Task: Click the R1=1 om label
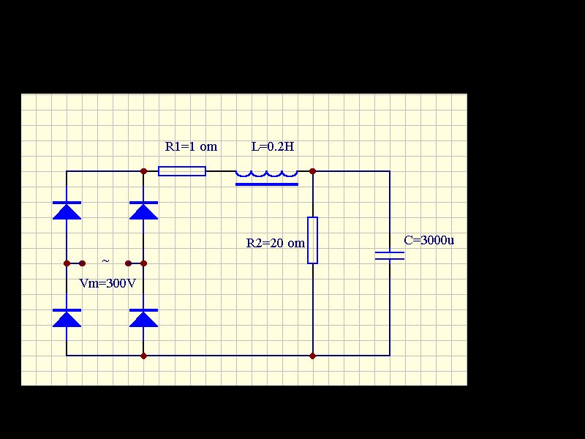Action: (x=191, y=146)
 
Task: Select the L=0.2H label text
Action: (x=273, y=146)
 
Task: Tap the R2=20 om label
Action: (x=276, y=244)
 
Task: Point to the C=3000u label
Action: (x=429, y=240)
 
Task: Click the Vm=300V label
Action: (x=107, y=283)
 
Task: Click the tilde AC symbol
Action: (x=105, y=261)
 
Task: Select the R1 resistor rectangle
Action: (x=182, y=171)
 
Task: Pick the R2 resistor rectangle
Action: (x=313, y=240)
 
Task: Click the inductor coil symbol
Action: (x=267, y=178)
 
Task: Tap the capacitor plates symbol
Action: (x=390, y=255)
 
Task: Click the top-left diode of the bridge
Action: (x=67, y=211)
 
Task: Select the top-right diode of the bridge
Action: (x=143, y=211)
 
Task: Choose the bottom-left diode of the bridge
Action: (x=67, y=318)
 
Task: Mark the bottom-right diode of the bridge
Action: (x=143, y=318)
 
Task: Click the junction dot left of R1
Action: (x=143, y=171)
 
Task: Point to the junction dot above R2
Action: (x=313, y=171)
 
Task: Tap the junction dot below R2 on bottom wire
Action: (x=313, y=356)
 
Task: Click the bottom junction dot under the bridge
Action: (x=143, y=356)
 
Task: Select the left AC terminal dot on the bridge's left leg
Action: (x=67, y=263)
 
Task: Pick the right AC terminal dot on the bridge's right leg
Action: (x=143, y=263)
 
